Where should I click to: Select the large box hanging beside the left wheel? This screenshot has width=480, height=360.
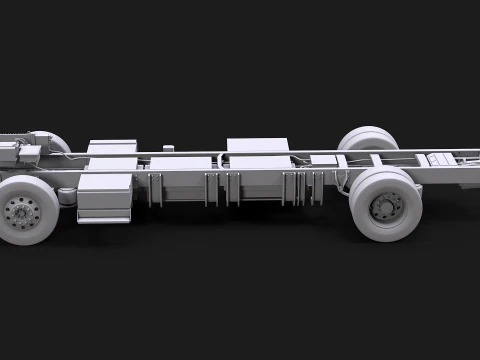click(105, 196)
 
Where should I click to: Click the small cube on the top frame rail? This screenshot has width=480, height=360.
click(168, 149)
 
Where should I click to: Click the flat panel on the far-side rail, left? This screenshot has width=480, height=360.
click(112, 147)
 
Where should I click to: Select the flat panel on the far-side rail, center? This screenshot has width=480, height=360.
click(257, 145)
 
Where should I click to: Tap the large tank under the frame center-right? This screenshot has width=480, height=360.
click(260, 179)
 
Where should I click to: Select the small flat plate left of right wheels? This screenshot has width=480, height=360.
click(323, 159)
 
